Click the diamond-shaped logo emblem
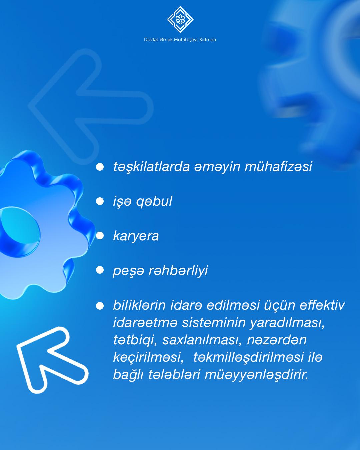(x=180, y=19)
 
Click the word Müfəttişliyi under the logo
(x=186, y=40)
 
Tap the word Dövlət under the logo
(x=151, y=40)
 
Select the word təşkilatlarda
(x=151, y=167)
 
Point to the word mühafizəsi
(x=278, y=167)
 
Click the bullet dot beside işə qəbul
(x=100, y=201)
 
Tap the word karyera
(x=136, y=236)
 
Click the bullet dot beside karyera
(x=100, y=236)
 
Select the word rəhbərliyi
(x=178, y=271)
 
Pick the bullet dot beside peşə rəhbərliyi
(x=100, y=270)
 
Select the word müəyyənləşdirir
(x=256, y=375)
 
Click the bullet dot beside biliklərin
(x=100, y=306)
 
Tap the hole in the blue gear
(x=20, y=232)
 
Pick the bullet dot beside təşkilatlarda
(x=100, y=167)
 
